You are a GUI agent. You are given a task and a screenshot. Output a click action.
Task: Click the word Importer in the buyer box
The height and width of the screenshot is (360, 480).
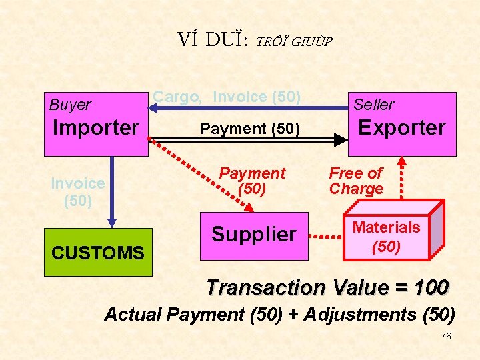click(95, 127)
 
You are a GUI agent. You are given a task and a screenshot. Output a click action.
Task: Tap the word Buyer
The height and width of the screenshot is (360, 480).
click(70, 105)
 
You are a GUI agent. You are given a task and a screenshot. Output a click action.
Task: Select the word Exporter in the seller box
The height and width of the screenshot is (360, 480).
click(402, 127)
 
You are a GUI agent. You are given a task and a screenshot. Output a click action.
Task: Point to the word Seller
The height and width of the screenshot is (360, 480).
click(373, 105)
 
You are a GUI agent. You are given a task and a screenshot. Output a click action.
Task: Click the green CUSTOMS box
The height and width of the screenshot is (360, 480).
click(97, 253)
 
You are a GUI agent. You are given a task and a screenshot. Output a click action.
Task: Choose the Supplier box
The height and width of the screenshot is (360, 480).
click(253, 235)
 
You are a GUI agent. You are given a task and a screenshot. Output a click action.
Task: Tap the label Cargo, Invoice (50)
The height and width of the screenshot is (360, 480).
click(227, 97)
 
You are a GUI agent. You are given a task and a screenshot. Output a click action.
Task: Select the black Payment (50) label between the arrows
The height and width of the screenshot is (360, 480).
click(250, 127)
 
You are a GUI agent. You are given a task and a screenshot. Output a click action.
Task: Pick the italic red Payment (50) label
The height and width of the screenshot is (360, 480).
click(252, 181)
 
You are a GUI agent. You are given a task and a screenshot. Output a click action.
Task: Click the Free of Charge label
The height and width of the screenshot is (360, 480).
click(356, 181)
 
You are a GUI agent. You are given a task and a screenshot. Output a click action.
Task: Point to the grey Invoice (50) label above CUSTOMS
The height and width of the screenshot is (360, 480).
click(77, 191)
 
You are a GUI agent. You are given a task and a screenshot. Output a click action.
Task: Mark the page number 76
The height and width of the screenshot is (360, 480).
click(446, 336)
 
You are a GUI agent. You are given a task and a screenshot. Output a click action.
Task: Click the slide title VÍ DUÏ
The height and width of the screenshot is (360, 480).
click(212, 41)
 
